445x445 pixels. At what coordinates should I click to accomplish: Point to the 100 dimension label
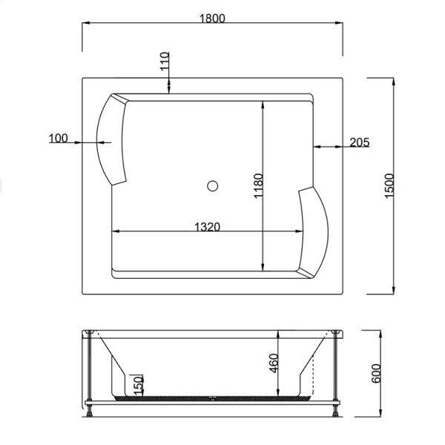pos(58,138)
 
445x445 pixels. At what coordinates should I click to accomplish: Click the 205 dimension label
pos(358,142)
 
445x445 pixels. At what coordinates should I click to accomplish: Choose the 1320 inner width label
pos(203,227)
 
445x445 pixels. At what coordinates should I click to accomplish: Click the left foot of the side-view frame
pos(90,408)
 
